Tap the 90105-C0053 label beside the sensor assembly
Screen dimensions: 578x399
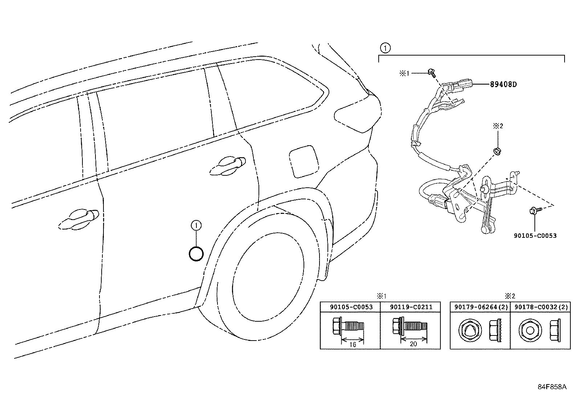click(535, 236)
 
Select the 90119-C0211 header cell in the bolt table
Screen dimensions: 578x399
click(411, 307)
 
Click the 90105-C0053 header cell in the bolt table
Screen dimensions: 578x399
click(351, 307)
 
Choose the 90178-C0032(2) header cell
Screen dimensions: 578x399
click(540, 307)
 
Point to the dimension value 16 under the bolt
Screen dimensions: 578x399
click(353, 345)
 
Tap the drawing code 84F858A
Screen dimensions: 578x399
click(552, 387)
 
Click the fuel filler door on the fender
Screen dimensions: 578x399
click(304, 160)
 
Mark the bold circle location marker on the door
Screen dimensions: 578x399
click(196, 253)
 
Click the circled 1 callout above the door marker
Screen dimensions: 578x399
click(196, 226)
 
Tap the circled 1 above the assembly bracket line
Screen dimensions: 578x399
click(385, 48)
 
